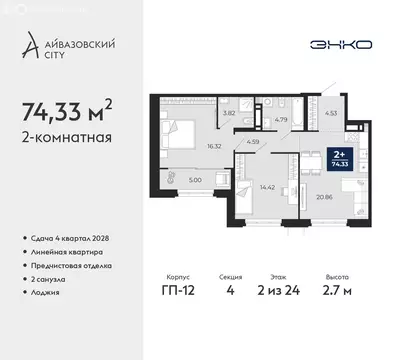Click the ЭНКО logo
pyautogui.click(x=342, y=45)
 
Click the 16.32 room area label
pyautogui.click(x=213, y=146)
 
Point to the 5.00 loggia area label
pyautogui.click(x=195, y=181)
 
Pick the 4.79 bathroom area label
pyautogui.click(x=281, y=120)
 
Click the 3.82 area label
pyautogui.click(x=229, y=113)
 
